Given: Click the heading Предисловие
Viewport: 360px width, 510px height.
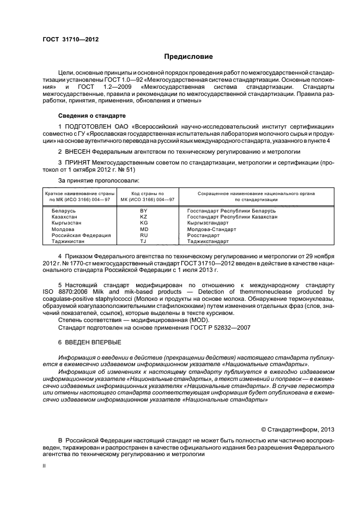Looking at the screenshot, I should (x=189, y=57).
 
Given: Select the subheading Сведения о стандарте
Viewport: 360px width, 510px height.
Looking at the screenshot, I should (x=91, y=116).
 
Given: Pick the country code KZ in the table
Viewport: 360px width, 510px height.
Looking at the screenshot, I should (x=144, y=216).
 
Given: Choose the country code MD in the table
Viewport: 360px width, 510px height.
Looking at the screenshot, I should (x=144, y=229).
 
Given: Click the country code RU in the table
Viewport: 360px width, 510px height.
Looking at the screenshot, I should (x=144, y=235).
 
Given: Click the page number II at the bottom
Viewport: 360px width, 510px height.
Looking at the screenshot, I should (x=45, y=466).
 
